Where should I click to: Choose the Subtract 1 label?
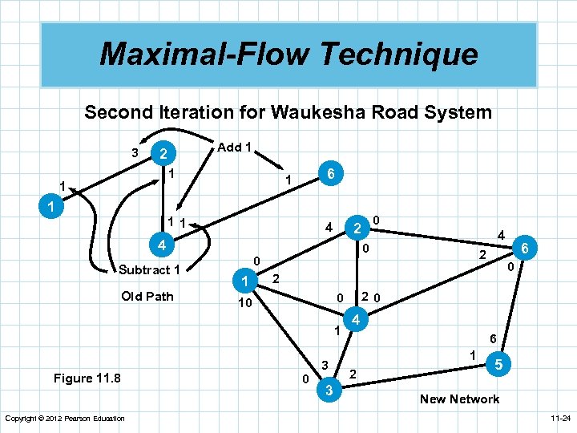pos(149,269)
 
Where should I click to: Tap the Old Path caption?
pos(147,296)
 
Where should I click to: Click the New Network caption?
pos(459,399)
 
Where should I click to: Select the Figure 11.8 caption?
pos(87,378)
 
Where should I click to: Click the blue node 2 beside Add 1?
pos(163,154)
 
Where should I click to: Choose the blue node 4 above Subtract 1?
pos(161,243)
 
